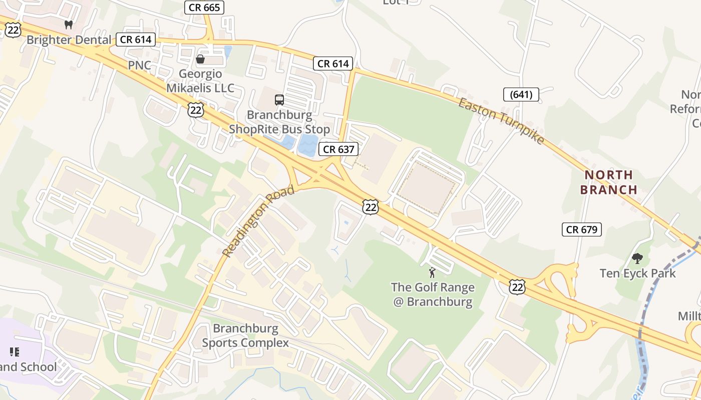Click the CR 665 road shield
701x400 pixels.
click(x=204, y=7)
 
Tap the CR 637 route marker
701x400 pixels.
click(x=338, y=149)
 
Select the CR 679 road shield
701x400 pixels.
click(x=581, y=229)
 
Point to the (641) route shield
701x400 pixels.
click(x=521, y=94)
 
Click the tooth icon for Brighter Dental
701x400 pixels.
click(x=69, y=24)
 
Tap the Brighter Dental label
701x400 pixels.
click(x=69, y=39)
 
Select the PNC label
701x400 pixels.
click(x=139, y=65)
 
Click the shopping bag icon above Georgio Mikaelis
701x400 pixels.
click(x=200, y=59)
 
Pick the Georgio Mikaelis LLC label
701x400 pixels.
click(x=200, y=81)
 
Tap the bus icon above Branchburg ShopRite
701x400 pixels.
click(x=279, y=100)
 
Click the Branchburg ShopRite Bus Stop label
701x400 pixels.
click(x=279, y=122)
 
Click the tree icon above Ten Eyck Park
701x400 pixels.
click(x=637, y=258)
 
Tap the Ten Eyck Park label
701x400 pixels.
click(x=638, y=273)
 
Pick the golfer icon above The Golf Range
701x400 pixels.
click(x=433, y=272)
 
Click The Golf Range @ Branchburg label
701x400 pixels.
click(x=433, y=294)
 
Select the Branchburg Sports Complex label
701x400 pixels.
click(x=245, y=335)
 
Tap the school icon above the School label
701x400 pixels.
click(x=14, y=352)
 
